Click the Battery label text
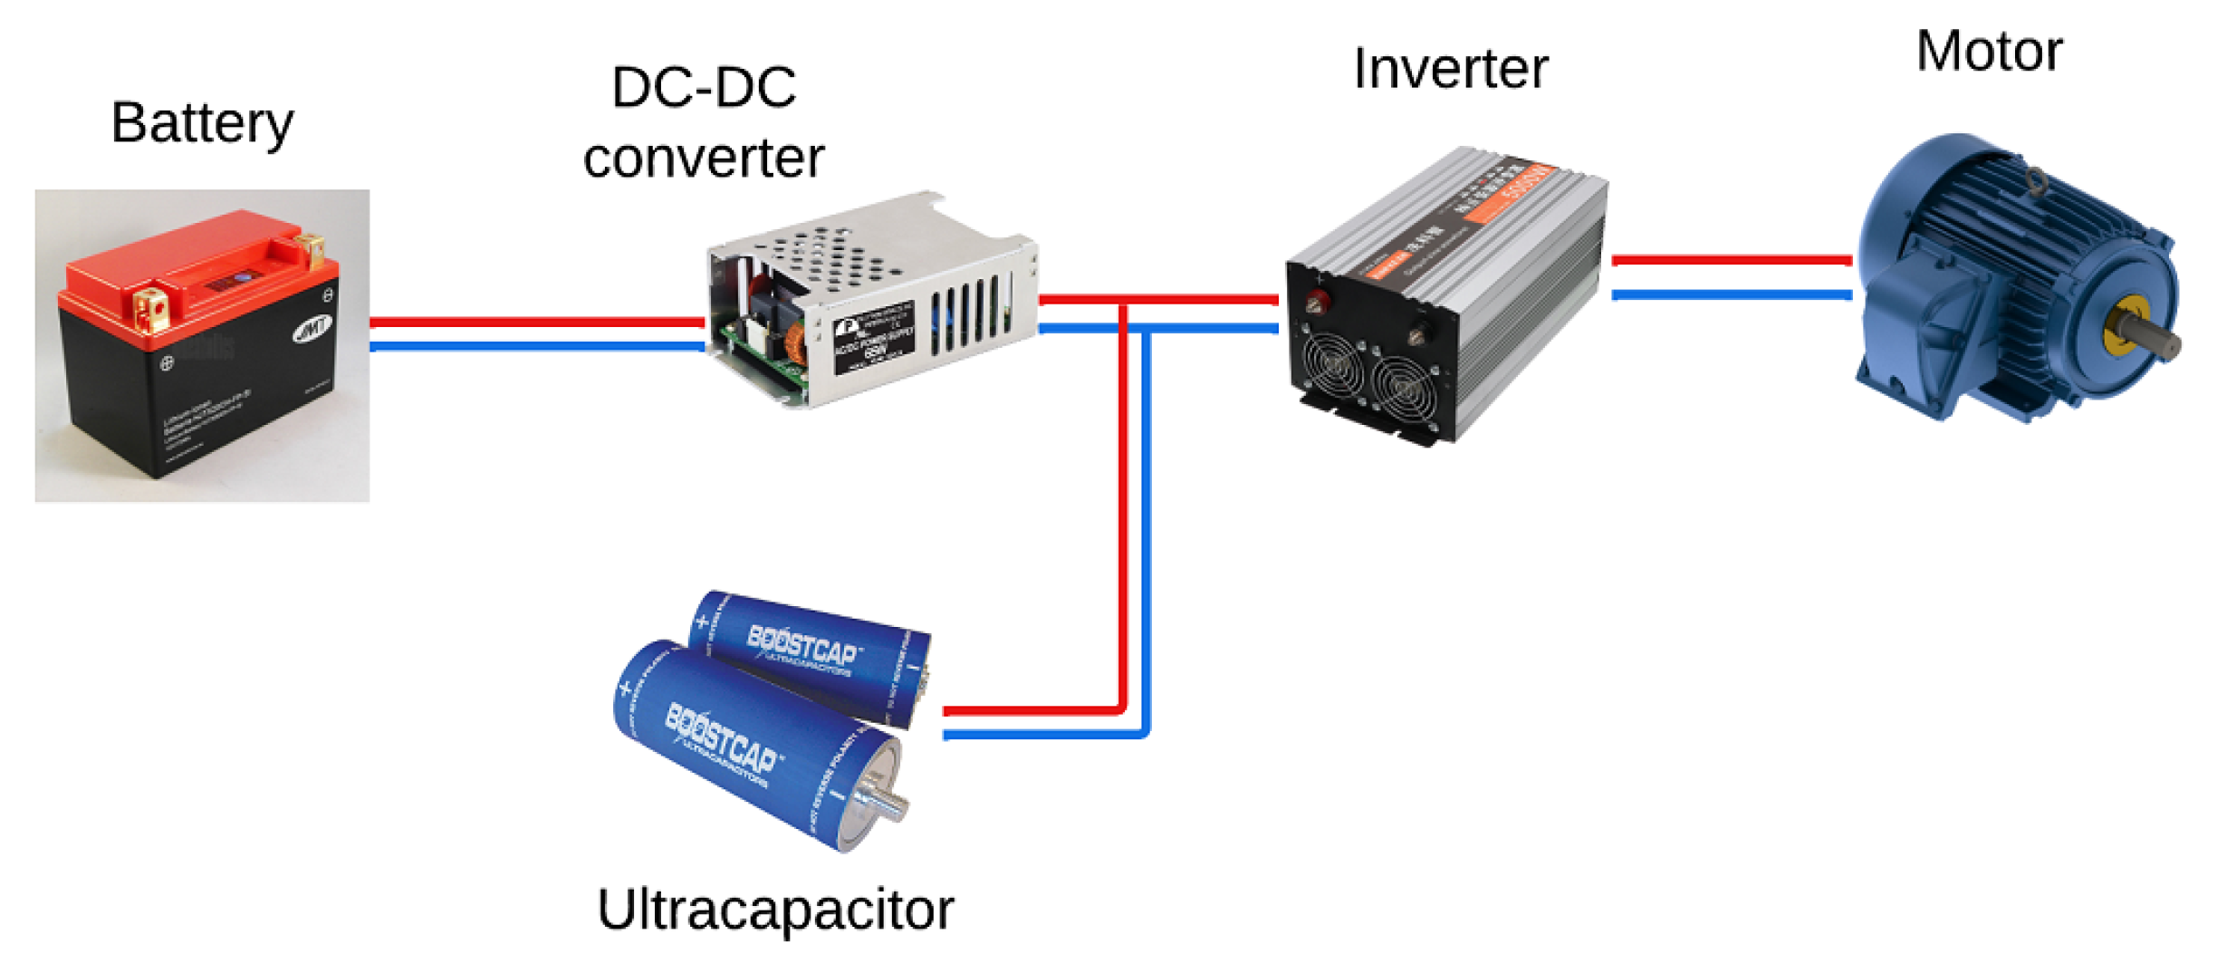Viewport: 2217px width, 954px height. pos(202,123)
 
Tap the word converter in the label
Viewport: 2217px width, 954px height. pos(704,158)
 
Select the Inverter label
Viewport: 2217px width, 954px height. pos(1451,69)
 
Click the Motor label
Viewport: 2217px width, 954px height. pos(1989,51)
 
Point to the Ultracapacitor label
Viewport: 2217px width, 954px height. pos(775,910)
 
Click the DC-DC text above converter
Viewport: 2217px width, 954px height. pos(704,88)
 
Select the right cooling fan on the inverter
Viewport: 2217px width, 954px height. pos(1404,390)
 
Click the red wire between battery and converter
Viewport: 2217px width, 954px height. pos(536,322)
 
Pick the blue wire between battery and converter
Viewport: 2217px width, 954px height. pos(536,346)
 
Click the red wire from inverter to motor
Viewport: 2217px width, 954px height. pos(1732,261)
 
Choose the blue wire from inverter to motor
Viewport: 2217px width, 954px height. pos(1732,294)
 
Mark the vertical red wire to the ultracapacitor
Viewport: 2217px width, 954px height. pos(1123,507)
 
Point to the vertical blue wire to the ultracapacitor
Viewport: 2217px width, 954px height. pos(1147,525)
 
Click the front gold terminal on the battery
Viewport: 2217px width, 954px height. pos(150,308)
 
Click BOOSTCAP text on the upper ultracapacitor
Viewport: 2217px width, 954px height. pos(802,645)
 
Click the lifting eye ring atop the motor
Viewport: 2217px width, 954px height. pos(2035,180)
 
